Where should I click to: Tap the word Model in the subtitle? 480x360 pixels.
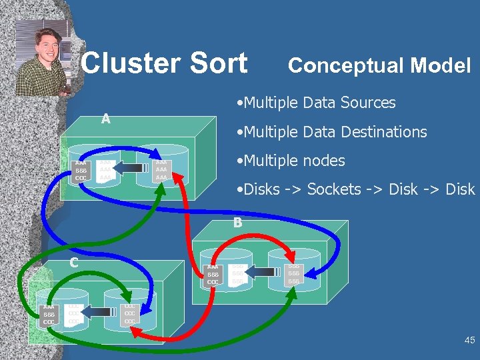pyautogui.click(x=441, y=65)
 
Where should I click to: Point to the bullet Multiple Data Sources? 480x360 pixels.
pyautogui.click(x=315, y=103)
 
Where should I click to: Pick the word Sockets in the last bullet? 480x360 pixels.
pyautogui.click(x=331, y=189)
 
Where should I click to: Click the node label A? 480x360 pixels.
pyautogui.click(x=105, y=119)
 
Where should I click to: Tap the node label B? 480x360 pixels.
pyautogui.click(x=237, y=223)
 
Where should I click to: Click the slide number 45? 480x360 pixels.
pyautogui.click(x=469, y=341)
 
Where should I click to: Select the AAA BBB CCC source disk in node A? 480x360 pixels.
pyautogui.click(x=81, y=171)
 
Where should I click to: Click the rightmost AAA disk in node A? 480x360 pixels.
pyautogui.click(x=161, y=170)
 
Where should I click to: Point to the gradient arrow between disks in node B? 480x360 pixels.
pyautogui.click(x=263, y=272)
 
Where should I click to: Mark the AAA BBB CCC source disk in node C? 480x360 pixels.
pyautogui.click(x=49, y=313)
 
